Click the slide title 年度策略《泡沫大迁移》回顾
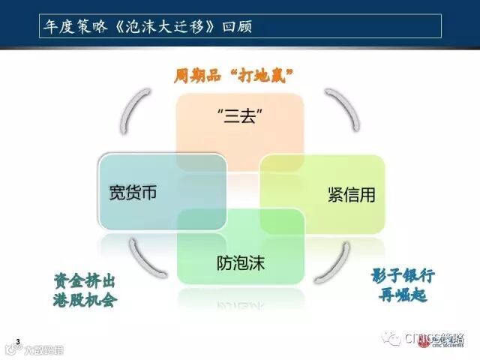pyautogui.click(x=146, y=26)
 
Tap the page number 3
pyautogui.click(x=17, y=342)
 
